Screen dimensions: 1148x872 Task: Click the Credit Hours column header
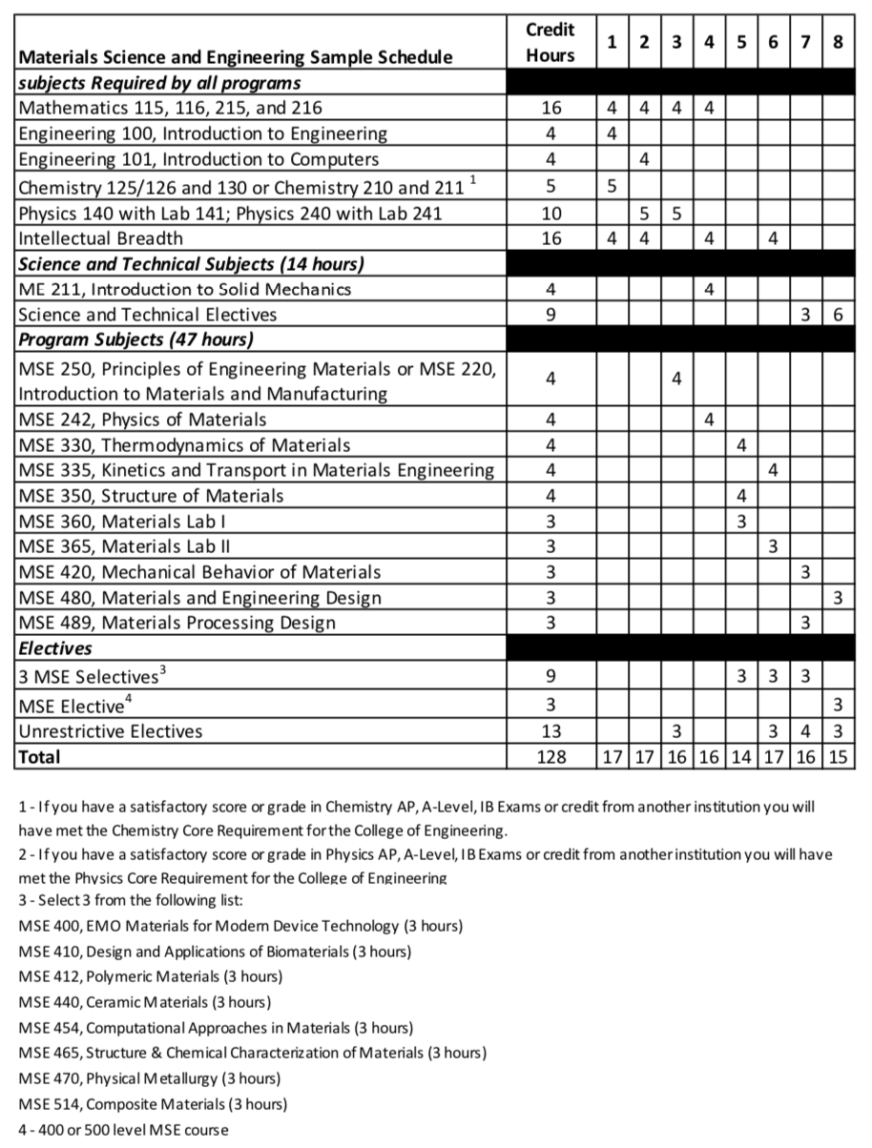coord(550,42)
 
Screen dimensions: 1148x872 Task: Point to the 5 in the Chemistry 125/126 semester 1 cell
coord(612,186)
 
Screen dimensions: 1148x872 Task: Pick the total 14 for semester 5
coord(740,757)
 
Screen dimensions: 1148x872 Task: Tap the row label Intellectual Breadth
coord(101,238)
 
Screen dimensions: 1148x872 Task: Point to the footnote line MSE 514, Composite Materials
coord(153,1104)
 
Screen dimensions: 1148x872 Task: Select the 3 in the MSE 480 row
coord(838,598)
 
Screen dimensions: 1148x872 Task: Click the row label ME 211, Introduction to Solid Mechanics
coord(185,289)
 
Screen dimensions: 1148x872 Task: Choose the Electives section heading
coord(55,648)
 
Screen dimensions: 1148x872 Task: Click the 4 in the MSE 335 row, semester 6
coord(773,470)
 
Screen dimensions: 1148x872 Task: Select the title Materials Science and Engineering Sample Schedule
coord(236,56)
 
